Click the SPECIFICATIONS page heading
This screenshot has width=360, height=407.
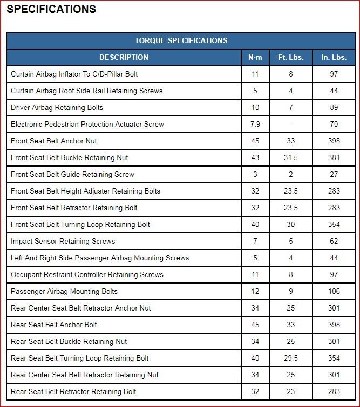click(51, 9)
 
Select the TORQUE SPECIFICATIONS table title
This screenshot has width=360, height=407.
click(181, 40)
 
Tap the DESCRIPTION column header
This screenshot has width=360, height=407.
click(124, 57)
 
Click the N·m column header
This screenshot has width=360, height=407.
click(255, 57)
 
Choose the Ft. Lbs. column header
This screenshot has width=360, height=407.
click(291, 57)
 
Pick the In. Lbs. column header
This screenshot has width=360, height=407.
click(334, 57)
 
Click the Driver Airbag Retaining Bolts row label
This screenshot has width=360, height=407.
click(57, 107)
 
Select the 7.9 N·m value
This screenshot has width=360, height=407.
click(255, 124)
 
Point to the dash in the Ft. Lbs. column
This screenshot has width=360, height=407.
click(291, 124)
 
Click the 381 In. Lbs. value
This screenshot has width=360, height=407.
click(334, 157)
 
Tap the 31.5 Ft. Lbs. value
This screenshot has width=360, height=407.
click(291, 157)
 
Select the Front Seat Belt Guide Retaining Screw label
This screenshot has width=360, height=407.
click(72, 174)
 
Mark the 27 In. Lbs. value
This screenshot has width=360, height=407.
click(334, 174)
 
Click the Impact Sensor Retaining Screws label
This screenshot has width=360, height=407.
click(63, 241)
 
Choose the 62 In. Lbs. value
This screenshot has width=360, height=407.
click(334, 241)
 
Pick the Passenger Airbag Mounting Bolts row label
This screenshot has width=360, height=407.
click(64, 291)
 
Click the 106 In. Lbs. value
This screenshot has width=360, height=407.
click(334, 291)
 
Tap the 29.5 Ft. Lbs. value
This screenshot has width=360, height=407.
click(291, 358)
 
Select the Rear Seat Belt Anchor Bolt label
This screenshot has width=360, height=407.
click(54, 325)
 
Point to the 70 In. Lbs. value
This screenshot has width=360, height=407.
click(334, 124)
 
